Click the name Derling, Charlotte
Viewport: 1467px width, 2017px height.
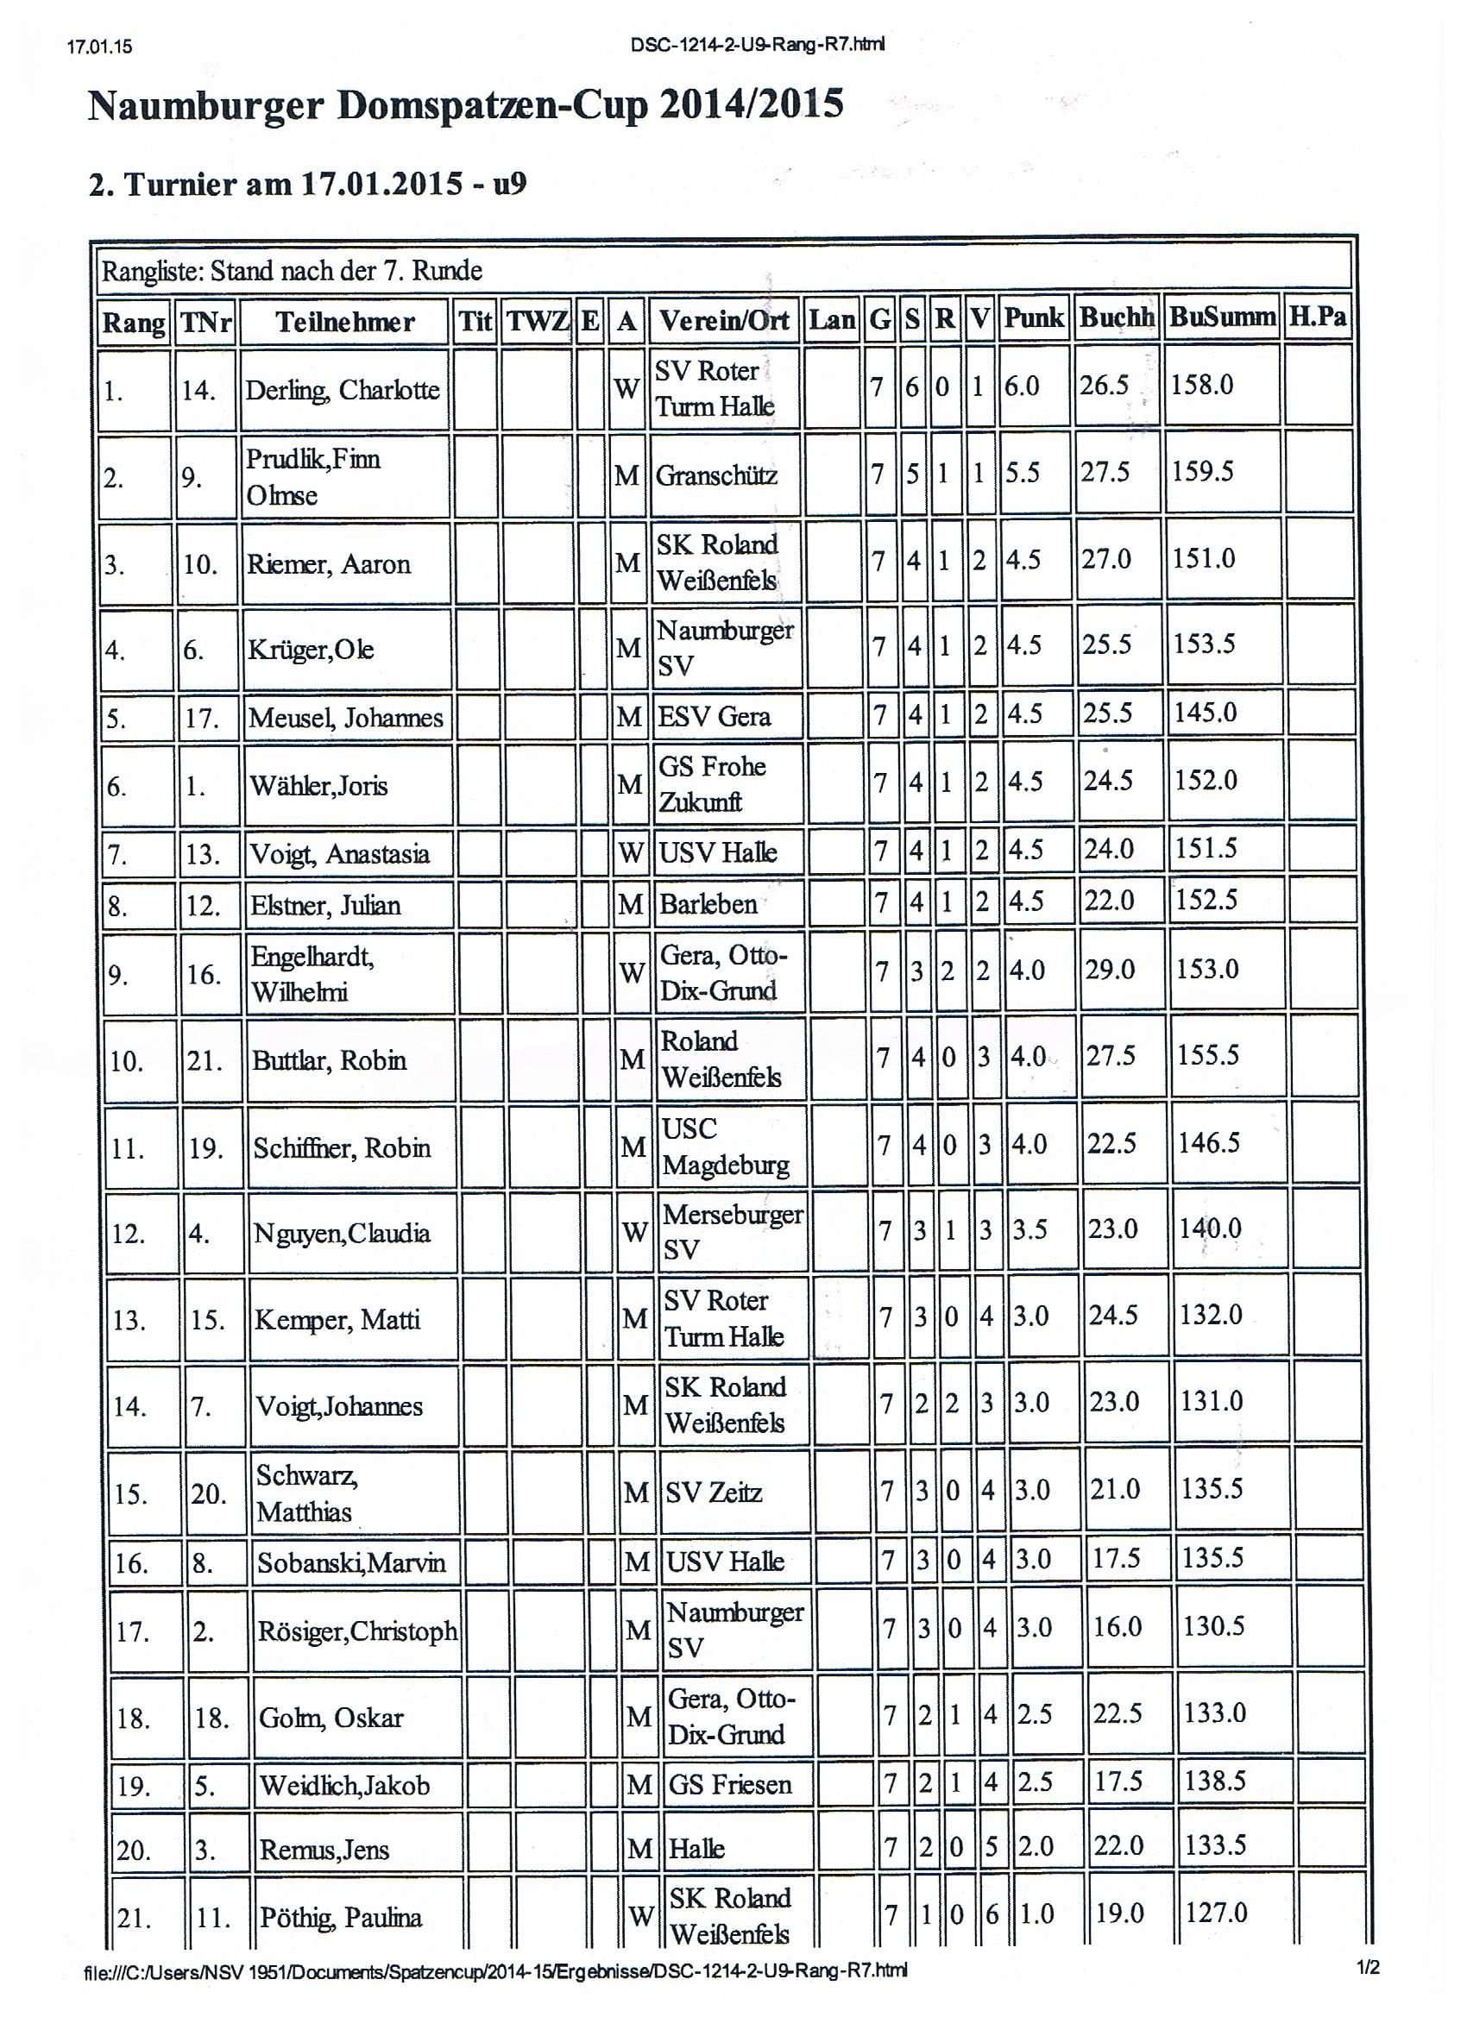point(343,390)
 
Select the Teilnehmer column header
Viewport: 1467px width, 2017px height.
point(344,321)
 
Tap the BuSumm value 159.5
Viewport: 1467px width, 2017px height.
point(1202,470)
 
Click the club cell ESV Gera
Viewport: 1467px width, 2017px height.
point(714,716)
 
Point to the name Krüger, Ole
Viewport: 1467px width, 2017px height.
point(311,650)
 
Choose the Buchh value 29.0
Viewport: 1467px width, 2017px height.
point(1110,969)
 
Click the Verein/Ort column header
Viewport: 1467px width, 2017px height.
point(721,320)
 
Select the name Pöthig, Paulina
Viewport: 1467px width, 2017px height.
point(340,1918)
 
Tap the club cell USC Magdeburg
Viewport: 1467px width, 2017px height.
point(725,1147)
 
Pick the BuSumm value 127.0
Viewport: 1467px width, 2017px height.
point(1216,1911)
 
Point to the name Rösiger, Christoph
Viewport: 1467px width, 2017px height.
point(356,1631)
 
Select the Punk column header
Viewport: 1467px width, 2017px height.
point(1033,317)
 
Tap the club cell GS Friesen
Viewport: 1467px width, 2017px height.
point(729,1784)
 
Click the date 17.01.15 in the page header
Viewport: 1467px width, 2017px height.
point(98,47)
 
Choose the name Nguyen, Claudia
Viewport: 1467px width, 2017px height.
point(342,1233)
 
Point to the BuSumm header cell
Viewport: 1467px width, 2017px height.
point(1221,317)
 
